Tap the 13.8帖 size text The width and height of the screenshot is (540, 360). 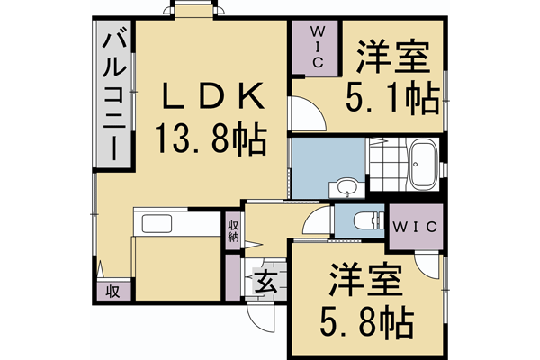(x=208, y=139)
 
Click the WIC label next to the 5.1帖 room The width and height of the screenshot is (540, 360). (x=318, y=45)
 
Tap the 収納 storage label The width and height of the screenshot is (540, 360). (x=233, y=231)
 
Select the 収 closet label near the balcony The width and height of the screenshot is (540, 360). (x=113, y=292)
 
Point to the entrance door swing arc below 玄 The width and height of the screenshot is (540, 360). (x=258, y=319)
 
